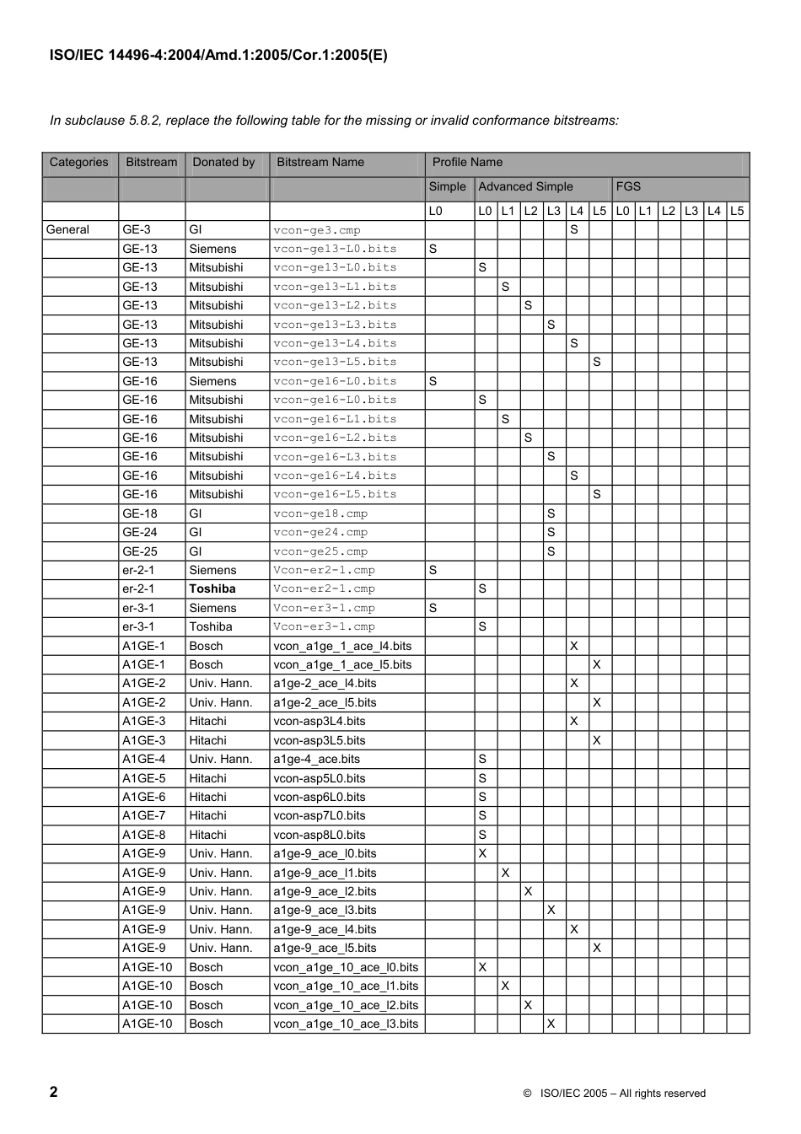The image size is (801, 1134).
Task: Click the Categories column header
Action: coord(79,163)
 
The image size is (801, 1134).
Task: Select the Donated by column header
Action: coord(223,163)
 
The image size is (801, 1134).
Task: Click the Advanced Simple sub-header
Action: coord(525,187)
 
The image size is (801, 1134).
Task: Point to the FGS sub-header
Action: coord(628,187)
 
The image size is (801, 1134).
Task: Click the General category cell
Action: coord(67,230)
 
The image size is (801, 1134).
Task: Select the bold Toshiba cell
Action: coord(212,589)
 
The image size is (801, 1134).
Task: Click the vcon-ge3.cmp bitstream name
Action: coord(317,230)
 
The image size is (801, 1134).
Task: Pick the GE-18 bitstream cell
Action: coord(140,513)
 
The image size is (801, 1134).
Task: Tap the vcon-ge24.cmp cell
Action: coord(320,533)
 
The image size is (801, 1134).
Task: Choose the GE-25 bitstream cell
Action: coord(140,551)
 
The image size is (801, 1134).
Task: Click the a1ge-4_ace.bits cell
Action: coord(317,760)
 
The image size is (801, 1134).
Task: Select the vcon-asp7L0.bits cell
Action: coord(320,816)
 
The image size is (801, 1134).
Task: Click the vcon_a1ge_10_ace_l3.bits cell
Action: coord(346,1024)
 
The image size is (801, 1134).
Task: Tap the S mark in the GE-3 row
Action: coord(574,229)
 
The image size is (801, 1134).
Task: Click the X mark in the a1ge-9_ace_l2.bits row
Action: coord(528,891)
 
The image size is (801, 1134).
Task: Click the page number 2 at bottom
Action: coord(54,1093)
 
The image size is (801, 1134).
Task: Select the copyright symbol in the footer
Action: coord(527,1094)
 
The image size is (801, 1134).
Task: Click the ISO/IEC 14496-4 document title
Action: coord(218,56)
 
